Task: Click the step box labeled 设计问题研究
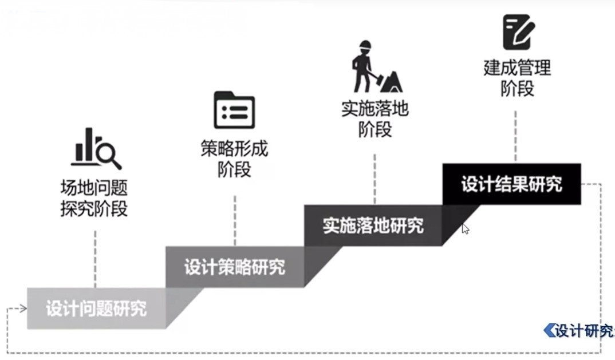[96, 308]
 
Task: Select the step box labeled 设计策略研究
[234, 267]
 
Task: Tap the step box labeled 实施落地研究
[373, 225]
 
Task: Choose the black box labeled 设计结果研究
[511, 184]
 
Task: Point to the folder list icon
[234, 110]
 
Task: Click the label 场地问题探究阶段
[94, 198]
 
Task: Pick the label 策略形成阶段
[234, 159]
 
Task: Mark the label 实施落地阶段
[375, 119]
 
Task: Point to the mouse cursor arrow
[465, 229]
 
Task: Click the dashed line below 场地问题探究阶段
[95, 258]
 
